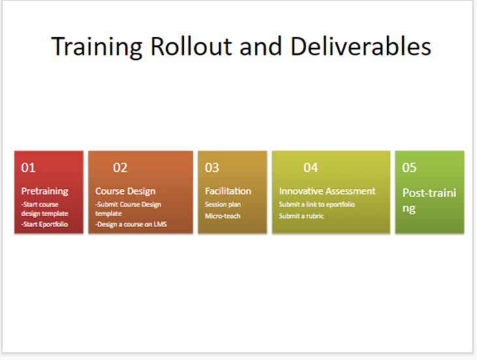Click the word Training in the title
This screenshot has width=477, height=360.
97,46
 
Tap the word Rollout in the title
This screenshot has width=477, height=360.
192,46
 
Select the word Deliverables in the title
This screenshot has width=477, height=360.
361,46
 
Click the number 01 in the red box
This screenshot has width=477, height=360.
28,168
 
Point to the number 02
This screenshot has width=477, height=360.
120,168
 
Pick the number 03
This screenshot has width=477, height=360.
212,168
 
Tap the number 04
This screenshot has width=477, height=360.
311,168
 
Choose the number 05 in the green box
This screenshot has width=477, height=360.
409,168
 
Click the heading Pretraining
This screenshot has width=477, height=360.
45,191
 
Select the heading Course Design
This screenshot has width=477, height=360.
125,191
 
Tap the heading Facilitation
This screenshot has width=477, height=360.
228,191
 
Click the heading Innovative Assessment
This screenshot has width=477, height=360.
327,191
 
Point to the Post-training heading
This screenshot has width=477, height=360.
429,201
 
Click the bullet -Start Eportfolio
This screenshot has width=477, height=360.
44,224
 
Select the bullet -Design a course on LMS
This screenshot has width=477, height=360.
131,224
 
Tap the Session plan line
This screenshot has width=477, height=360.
223,204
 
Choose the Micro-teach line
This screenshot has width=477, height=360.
223,216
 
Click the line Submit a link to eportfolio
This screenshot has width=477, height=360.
317,204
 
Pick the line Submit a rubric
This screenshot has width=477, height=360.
302,216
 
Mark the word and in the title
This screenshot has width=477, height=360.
261,46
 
